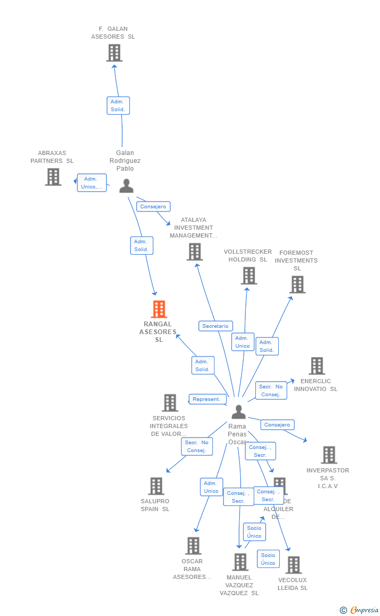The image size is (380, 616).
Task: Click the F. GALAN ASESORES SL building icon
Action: click(x=114, y=53)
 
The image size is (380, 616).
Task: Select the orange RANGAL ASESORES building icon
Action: click(x=159, y=309)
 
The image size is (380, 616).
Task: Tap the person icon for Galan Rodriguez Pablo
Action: click(x=126, y=186)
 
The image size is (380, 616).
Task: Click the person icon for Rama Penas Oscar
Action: click(x=239, y=412)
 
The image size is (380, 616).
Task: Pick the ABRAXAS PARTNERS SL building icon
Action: click(x=53, y=177)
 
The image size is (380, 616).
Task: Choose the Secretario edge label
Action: click(x=216, y=326)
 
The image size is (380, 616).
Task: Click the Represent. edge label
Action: click(x=207, y=399)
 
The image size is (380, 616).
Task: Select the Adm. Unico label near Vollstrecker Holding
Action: click(x=243, y=342)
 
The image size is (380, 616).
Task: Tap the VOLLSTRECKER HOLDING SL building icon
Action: click(x=249, y=276)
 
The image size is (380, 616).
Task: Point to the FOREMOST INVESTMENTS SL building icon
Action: click(x=297, y=285)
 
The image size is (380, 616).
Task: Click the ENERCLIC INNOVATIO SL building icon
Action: click(x=316, y=366)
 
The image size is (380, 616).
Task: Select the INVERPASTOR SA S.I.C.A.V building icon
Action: click(x=328, y=455)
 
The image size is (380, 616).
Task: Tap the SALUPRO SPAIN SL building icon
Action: click(x=156, y=486)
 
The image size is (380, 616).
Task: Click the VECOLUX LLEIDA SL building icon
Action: click(x=293, y=565)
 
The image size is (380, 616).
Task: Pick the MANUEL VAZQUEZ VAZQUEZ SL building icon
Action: click(x=240, y=562)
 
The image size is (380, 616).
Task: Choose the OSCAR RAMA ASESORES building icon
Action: click(x=193, y=546)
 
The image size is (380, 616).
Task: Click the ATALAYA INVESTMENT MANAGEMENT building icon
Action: click(x=194, y=252)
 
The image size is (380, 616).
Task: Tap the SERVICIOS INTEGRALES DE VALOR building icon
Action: click(x=170, y=402)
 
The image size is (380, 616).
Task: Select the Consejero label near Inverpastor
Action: click(x=277, y=425)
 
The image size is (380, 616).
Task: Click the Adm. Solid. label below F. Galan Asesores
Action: click(x=118, y=105)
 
